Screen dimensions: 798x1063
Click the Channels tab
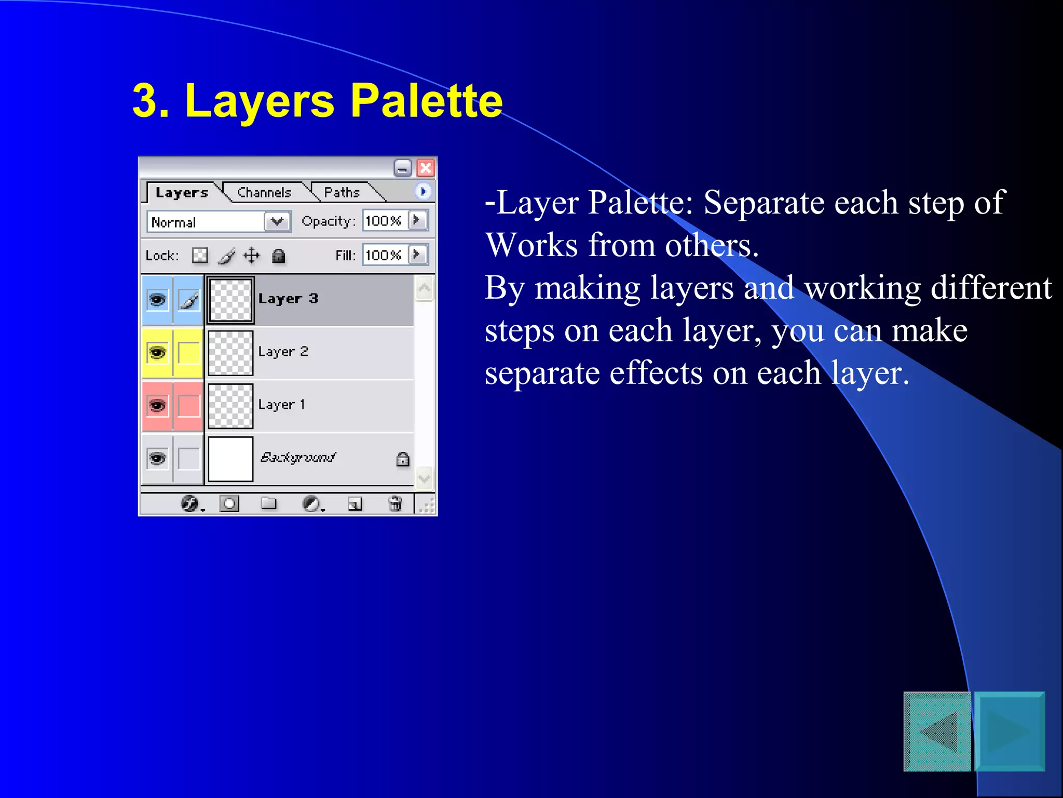click(264, 193)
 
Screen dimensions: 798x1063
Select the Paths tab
click(342, 193)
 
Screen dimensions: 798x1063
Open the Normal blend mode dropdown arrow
click(277, 222)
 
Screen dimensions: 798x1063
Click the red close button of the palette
click(426, 168)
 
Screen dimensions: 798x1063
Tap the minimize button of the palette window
click(402, 168)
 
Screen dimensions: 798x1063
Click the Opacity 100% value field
click(384, 221)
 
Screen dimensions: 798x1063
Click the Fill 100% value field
click(384, 255)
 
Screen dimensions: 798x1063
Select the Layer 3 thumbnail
click(230, 300)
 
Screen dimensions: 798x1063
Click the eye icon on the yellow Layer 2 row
click(157, 353)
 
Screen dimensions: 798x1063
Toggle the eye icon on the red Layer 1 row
click(157, 405)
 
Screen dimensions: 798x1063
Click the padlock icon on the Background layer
click(403, 459)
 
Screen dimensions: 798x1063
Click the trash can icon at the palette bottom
click(395, 503)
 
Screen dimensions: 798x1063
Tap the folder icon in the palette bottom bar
click(268, 503)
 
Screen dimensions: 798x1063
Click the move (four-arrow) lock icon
click(252, 256)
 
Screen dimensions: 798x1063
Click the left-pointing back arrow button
click(937, 731)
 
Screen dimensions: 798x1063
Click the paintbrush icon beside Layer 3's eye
click(188, 300)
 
